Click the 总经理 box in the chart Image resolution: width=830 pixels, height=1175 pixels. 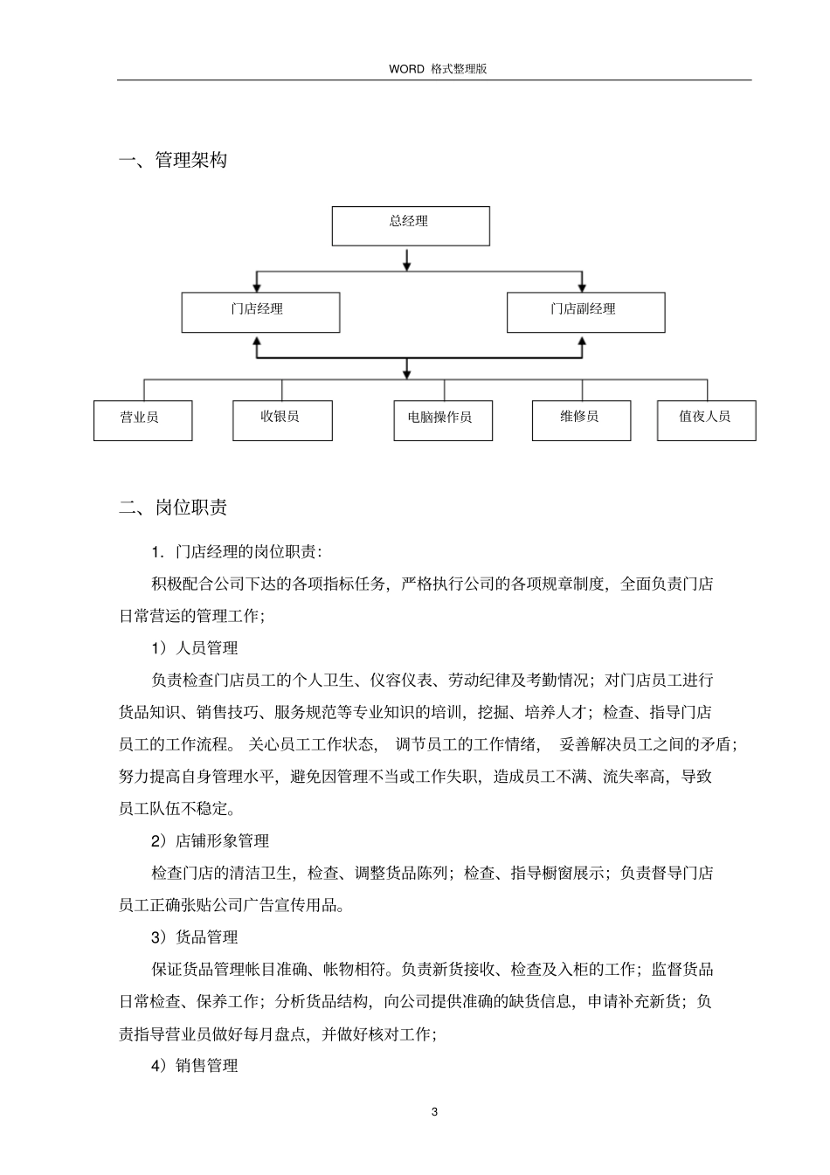point(410,225)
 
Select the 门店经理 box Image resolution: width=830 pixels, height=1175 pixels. point(260,312)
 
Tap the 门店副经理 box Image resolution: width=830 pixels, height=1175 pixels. point(585,312)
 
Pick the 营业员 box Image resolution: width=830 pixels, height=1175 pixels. point(142,419)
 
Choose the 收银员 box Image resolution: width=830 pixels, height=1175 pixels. point(282,419)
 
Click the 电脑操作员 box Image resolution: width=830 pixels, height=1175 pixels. point(443,420)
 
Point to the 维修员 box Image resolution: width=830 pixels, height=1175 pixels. point(581,419)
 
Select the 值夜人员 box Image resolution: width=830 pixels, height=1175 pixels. point(706,419)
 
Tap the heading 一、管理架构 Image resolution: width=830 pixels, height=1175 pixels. point(173,161)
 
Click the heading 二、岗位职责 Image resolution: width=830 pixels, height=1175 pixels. point(173,508)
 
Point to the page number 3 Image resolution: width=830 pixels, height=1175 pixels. point(434,1111)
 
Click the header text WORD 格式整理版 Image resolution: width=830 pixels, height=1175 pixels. point(437,68)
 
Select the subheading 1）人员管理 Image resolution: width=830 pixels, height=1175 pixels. point(194,648)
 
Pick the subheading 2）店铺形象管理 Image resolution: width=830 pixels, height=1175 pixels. point(210,840)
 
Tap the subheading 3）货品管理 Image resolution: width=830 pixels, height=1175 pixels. point(194,937)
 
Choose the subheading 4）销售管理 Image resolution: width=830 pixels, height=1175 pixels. point(194,1066)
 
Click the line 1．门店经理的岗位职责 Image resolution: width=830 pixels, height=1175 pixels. point(236,552)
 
